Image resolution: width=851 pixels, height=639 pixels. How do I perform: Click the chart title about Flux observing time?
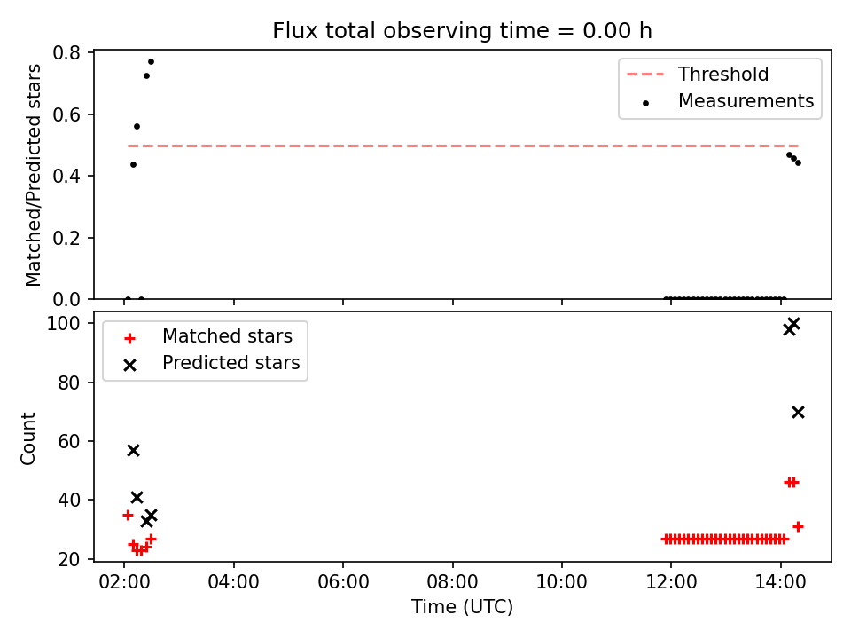tap(462, 30)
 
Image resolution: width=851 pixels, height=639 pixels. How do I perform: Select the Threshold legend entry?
tap(698, 74)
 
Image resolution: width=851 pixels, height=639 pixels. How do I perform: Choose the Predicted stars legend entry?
tap(212, 363)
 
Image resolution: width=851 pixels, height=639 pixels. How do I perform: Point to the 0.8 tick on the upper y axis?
tap(66, 52)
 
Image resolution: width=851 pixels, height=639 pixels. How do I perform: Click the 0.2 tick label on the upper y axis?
tap(66, 238)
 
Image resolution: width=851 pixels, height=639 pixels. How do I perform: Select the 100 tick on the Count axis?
tap(63, 324)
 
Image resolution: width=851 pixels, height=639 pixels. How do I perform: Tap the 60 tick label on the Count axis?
tap(69, 441)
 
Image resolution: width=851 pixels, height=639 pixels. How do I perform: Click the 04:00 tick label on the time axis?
tap(233, 582)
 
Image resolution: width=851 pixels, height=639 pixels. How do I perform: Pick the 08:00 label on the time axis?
tap(452, 582)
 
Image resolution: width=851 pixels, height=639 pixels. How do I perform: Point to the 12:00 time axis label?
tap(671, 582)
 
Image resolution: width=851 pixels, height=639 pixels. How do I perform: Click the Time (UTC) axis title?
tap(462, 606)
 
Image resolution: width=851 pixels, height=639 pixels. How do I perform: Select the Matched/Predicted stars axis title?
tap(33, 175)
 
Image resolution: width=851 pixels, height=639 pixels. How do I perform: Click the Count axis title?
tap(27, 438)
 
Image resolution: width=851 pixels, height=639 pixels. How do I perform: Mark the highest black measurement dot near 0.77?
tap(151, 61)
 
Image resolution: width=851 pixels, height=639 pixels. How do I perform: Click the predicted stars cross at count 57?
tap(133, 451)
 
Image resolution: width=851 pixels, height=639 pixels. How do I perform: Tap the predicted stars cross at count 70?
tap(798, 413)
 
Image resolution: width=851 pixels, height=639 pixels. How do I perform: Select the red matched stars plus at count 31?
tap(798, 526)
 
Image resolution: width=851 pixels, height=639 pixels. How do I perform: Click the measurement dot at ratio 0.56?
tap(137, 127)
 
